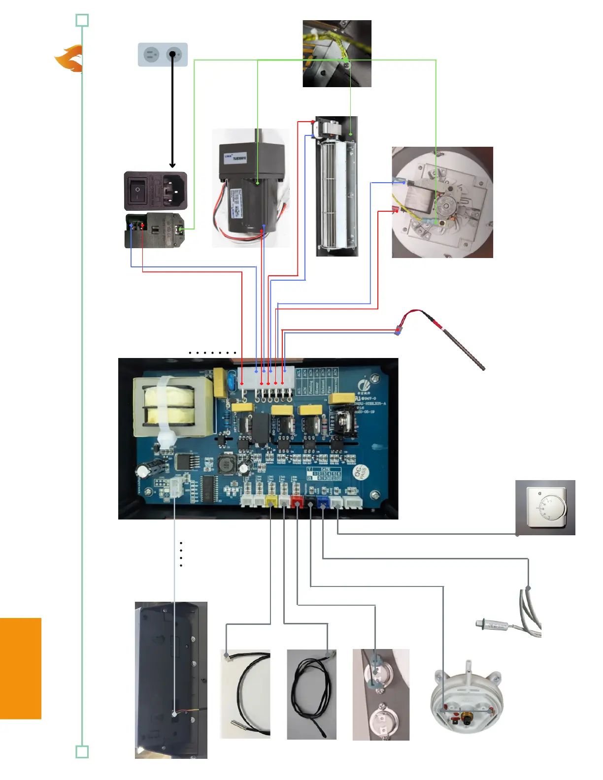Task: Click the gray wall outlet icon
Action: point(162,55)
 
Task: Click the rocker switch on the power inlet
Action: point(138,189)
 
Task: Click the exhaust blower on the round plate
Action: point(442,202)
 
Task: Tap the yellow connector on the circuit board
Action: point(271,502)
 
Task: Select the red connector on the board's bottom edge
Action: point(297,502)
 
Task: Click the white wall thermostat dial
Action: point(547,508)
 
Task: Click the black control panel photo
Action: point(170,680)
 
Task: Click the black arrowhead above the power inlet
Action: point(172,165)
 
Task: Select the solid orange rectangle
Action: point(20,668)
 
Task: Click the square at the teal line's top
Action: point(82,21)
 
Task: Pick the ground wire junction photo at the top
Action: point(336,54)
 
